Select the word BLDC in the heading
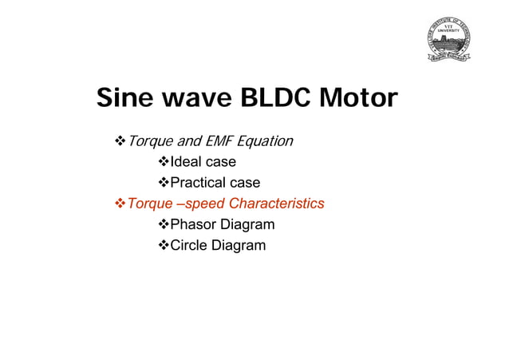click(271, 100)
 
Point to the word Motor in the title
click(357, 100)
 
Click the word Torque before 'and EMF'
click(150, 142)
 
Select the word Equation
click(266, 142)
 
